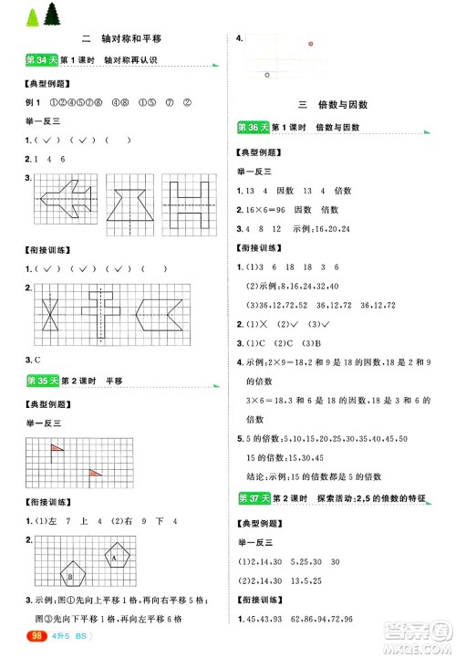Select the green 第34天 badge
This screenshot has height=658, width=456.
(x=34, y=61)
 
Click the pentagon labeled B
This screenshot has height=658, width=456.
(x=70, y=576)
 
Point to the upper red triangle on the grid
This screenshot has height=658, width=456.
(x=57, y=448)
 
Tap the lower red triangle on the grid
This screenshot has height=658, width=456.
(x=95, y=473)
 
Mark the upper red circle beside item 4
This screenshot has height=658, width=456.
(x=310, y=43)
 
